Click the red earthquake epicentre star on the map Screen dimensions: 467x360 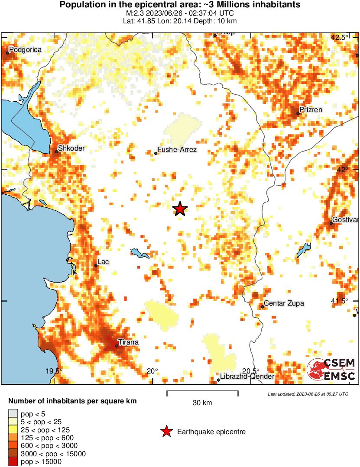pos(180,209)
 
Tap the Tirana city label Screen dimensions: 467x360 pos(128,342)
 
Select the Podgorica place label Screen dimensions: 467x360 pos(25,50)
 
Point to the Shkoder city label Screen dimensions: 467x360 pos(71,148)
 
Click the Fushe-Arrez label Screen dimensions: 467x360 pos(177,150)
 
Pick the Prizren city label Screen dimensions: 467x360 pos(311,110)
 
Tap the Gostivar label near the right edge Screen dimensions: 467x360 pos(346,220)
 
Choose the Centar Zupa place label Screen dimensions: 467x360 pos(284,303)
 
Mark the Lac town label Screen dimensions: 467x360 pos(103,262)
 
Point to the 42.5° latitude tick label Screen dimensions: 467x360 pos(339,38)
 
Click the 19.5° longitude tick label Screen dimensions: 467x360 pos(54,371)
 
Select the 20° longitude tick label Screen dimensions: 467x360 pos(152,371)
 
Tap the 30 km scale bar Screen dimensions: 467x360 pos(202,393)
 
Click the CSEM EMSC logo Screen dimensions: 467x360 pos(331,370)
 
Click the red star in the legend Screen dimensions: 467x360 pos(166,432)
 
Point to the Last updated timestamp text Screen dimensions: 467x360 pos(308,394)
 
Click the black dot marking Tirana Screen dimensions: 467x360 pos(117,346)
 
